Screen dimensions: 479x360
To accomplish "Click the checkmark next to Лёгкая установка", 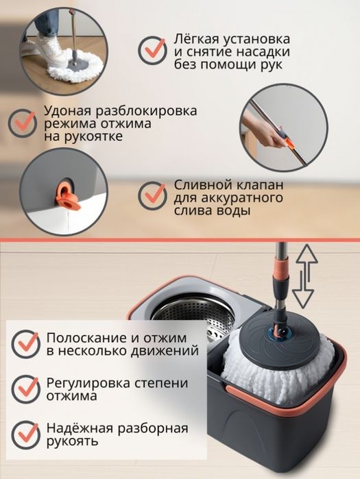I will click(x=153, y=50).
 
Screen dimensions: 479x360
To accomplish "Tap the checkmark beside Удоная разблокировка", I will click(x=23, y=121).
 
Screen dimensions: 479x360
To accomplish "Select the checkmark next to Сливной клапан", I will click(x=152, y=196).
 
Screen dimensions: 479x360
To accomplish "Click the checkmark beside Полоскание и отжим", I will click(x=26, y=343).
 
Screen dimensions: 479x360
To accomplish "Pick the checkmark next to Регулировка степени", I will click(x=26, y=388).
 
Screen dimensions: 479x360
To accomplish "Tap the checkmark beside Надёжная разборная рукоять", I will click(x=26, y=433).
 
